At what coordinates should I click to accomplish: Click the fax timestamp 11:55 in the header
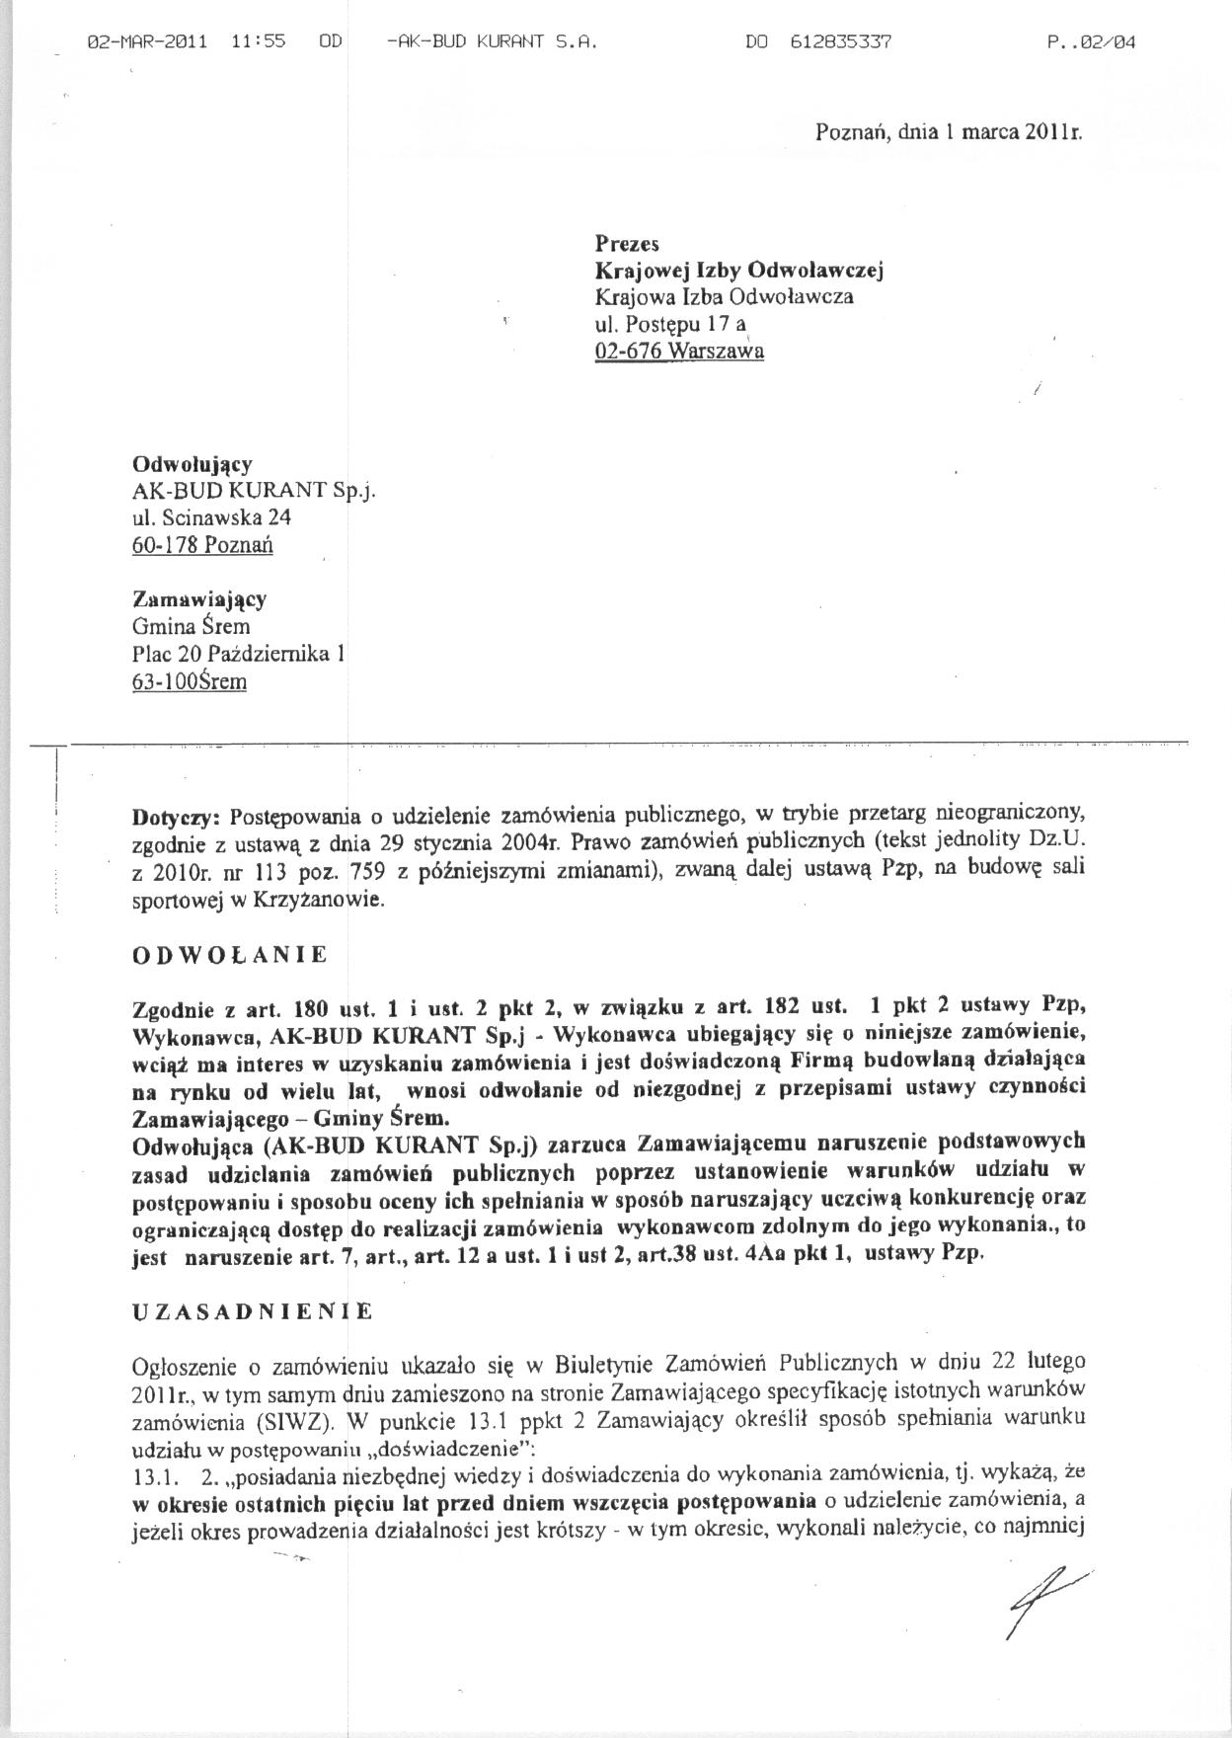258,42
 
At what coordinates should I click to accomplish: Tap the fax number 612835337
841,42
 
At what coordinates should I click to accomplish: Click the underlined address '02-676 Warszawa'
679,351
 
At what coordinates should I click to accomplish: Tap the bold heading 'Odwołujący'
192,463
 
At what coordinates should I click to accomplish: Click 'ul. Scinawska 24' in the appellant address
212,516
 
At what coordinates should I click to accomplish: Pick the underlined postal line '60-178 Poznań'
202,544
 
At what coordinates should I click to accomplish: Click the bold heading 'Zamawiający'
199,598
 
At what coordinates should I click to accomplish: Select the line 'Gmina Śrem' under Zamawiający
191,626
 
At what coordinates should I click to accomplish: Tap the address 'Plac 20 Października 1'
238,654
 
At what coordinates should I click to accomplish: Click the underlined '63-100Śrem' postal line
190,681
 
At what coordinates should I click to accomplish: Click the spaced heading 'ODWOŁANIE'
229,955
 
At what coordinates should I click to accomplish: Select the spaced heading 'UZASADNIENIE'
252,1311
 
